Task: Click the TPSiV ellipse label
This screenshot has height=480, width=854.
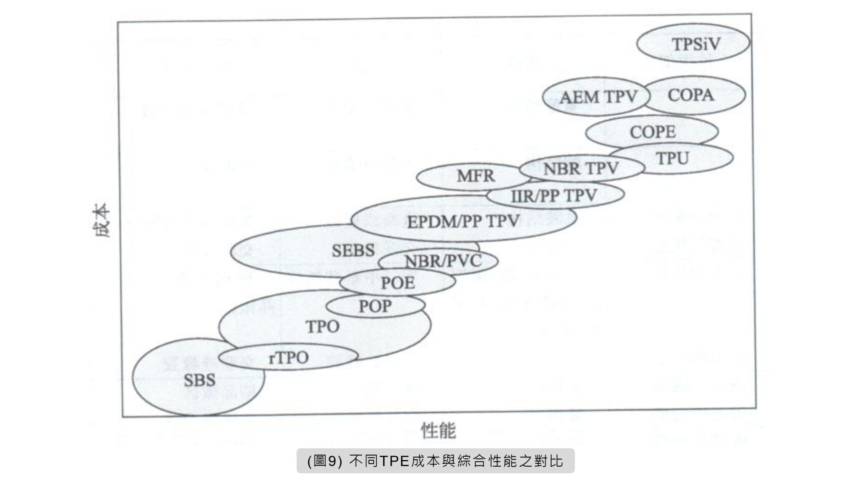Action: click(696, 44)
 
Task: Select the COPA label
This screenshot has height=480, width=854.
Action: click(691, 95)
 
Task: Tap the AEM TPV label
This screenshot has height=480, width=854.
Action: click(598, 97)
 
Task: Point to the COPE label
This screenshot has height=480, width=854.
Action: click(653, 132)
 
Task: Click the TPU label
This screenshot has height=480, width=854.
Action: click(672, 159)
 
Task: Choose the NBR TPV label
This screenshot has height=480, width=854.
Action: click(581, 169)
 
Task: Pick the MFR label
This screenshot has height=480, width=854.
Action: click(476, 176)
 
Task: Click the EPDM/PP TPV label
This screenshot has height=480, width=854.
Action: click(463, 221)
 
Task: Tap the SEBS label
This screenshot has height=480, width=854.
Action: click(353, 250)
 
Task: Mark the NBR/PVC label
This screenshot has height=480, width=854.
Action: click(443, 261)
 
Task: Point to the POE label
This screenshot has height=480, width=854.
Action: click(398, 283)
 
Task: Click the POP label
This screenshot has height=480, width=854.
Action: click(375, 307)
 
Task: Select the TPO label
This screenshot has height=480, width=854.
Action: click(323, 326)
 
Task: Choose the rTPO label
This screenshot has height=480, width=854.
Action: click(289, 357)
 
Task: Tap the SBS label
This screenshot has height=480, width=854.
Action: click(200, 380)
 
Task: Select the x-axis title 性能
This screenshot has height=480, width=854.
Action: click(439, 430)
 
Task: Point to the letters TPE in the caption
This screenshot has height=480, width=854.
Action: click(394, 461)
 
